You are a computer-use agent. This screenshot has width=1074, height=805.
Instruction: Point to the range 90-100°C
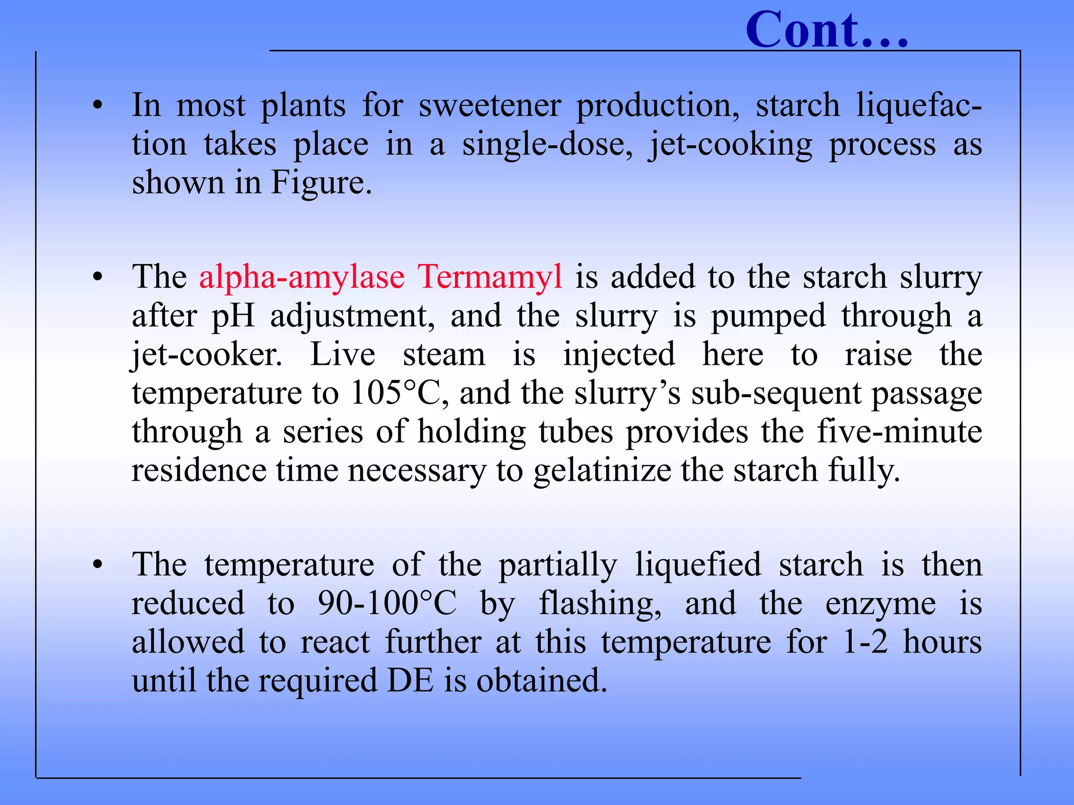pos(387,604)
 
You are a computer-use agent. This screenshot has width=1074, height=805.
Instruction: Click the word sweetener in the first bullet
pos(490,105)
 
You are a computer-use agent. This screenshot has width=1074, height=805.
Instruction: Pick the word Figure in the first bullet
pos(320,183)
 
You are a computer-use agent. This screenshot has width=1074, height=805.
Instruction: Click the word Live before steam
pos(342,355)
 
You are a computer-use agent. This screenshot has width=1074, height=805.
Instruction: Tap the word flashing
pos(600,604)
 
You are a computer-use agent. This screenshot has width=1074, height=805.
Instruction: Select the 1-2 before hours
pos(865,642)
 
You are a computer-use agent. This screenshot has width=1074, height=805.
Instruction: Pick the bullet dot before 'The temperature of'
pos(97,565)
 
